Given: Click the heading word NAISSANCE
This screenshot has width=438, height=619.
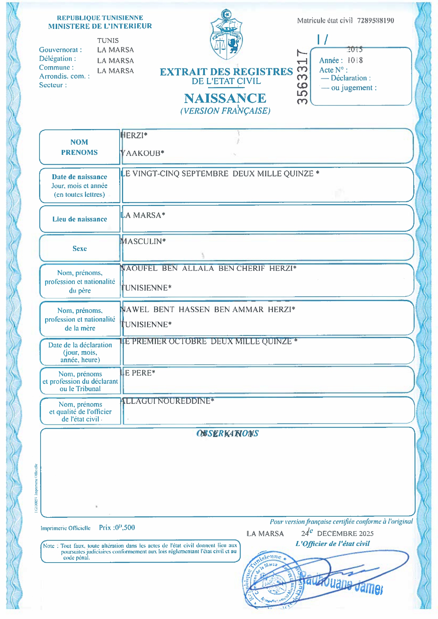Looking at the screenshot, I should [x=225, y=98].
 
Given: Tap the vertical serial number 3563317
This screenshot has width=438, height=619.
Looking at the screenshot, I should [x=302, y=77].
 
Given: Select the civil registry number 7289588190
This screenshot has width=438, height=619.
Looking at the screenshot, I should [x=375, y=20].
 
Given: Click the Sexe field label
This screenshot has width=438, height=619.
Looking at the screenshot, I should [x=80, y=249].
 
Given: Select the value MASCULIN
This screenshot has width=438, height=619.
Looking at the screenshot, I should [x=143, y=242].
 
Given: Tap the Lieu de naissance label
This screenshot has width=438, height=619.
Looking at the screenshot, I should [x=80, y=219].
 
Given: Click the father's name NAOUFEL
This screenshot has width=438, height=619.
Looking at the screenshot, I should [x=139, y=268].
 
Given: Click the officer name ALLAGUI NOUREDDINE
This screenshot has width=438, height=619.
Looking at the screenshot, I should [x=167, y=401].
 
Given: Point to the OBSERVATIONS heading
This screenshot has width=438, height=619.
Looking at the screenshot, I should [x=227, y=433].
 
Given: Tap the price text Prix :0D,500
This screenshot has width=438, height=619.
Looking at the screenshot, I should [x=117, y=528].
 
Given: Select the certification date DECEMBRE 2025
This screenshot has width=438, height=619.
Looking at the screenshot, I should [x=345, y=534].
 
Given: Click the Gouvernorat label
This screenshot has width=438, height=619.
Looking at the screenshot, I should [x=60, y=50].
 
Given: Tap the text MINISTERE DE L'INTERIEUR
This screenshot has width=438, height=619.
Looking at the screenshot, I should [x=100, y=26].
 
